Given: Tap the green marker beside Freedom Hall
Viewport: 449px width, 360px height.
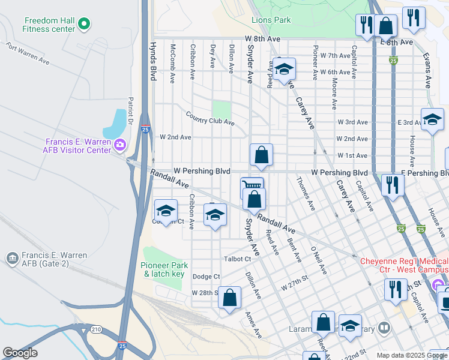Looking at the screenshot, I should point(85,24).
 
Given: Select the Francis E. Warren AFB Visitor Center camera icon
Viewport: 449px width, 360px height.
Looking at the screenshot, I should point(120,145).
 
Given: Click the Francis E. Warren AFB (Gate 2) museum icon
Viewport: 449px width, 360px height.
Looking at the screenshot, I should point(11,259).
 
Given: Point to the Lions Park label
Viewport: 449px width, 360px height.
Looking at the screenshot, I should point(271,20).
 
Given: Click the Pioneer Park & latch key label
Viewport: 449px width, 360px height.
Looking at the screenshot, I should point(165,269).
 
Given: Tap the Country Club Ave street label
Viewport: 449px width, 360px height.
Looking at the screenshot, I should point(209,119).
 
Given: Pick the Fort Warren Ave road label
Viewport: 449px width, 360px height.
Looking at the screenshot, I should point(28,53).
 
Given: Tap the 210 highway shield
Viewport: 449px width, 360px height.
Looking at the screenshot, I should point(96,329).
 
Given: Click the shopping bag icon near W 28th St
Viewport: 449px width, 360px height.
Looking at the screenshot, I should point(229,297).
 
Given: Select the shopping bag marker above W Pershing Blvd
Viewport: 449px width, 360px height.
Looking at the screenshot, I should point(261,155).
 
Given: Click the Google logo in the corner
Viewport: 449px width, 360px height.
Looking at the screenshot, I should point(20,353).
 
